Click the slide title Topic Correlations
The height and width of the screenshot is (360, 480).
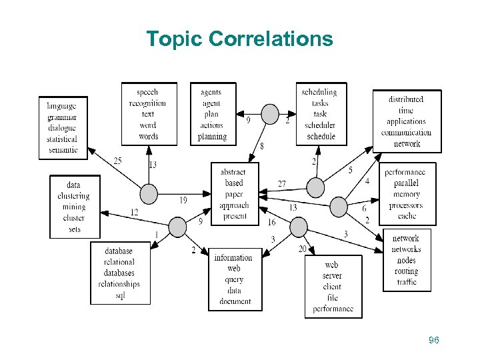pos(239,39)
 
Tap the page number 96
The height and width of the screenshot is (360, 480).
pos(434,341)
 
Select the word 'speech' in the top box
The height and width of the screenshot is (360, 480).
pos(147,92)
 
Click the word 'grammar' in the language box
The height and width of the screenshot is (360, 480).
pos(61,117)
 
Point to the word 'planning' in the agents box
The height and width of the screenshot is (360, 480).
pos(212,137)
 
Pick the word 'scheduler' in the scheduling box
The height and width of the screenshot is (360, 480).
pos(319,125)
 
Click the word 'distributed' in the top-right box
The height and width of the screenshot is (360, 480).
pos(406,99)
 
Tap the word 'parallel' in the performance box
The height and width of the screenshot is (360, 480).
pos(407,183)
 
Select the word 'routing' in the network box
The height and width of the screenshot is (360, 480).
pos(406,271)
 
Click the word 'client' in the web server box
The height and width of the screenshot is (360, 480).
pos(332,287)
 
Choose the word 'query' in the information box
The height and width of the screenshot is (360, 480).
pos(234,279)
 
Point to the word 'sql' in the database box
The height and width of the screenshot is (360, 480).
pos(119,295)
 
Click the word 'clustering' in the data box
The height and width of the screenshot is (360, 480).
pos(73,196)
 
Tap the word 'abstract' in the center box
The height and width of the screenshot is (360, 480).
pos(233,172)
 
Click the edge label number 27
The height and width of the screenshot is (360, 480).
pos(282,184)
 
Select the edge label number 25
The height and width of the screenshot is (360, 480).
pos(117,161)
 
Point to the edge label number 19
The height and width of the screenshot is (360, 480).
pos(183,200)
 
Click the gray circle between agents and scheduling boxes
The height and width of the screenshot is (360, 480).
pos(270,114)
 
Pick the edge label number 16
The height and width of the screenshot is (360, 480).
pos(271,223)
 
